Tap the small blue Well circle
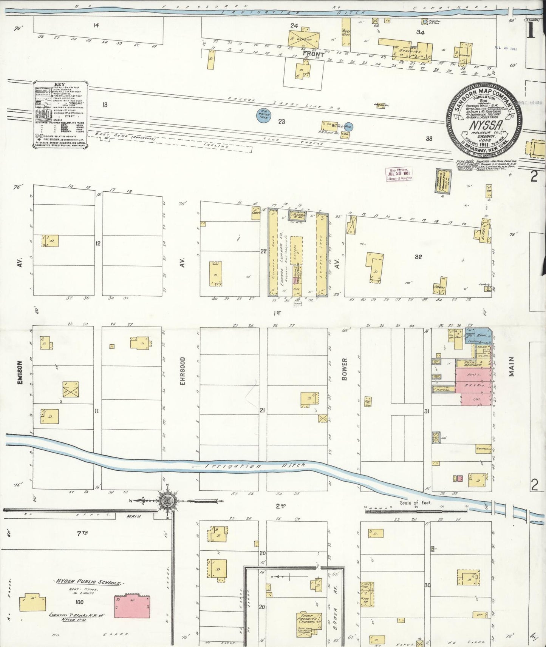pyautogui.click(x=347, y=127)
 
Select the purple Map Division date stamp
pyautogui.click(x=399, y=174)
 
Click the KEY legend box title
pyautogui.click(x=60, y=85)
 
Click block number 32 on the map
pyautogui.click(x=418, y=257)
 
